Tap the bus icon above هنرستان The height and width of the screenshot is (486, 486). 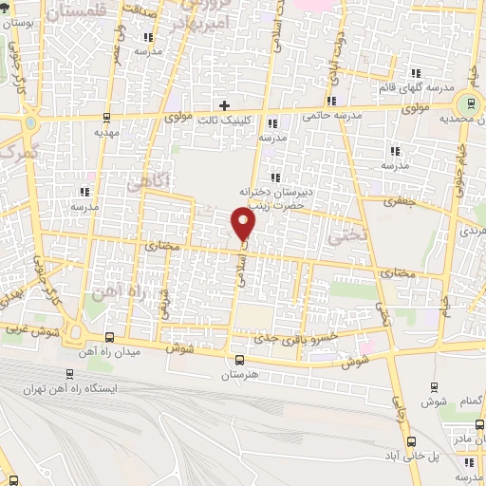[x=238, y=360]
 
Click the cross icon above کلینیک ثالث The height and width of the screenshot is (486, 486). [x=224, y=104]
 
